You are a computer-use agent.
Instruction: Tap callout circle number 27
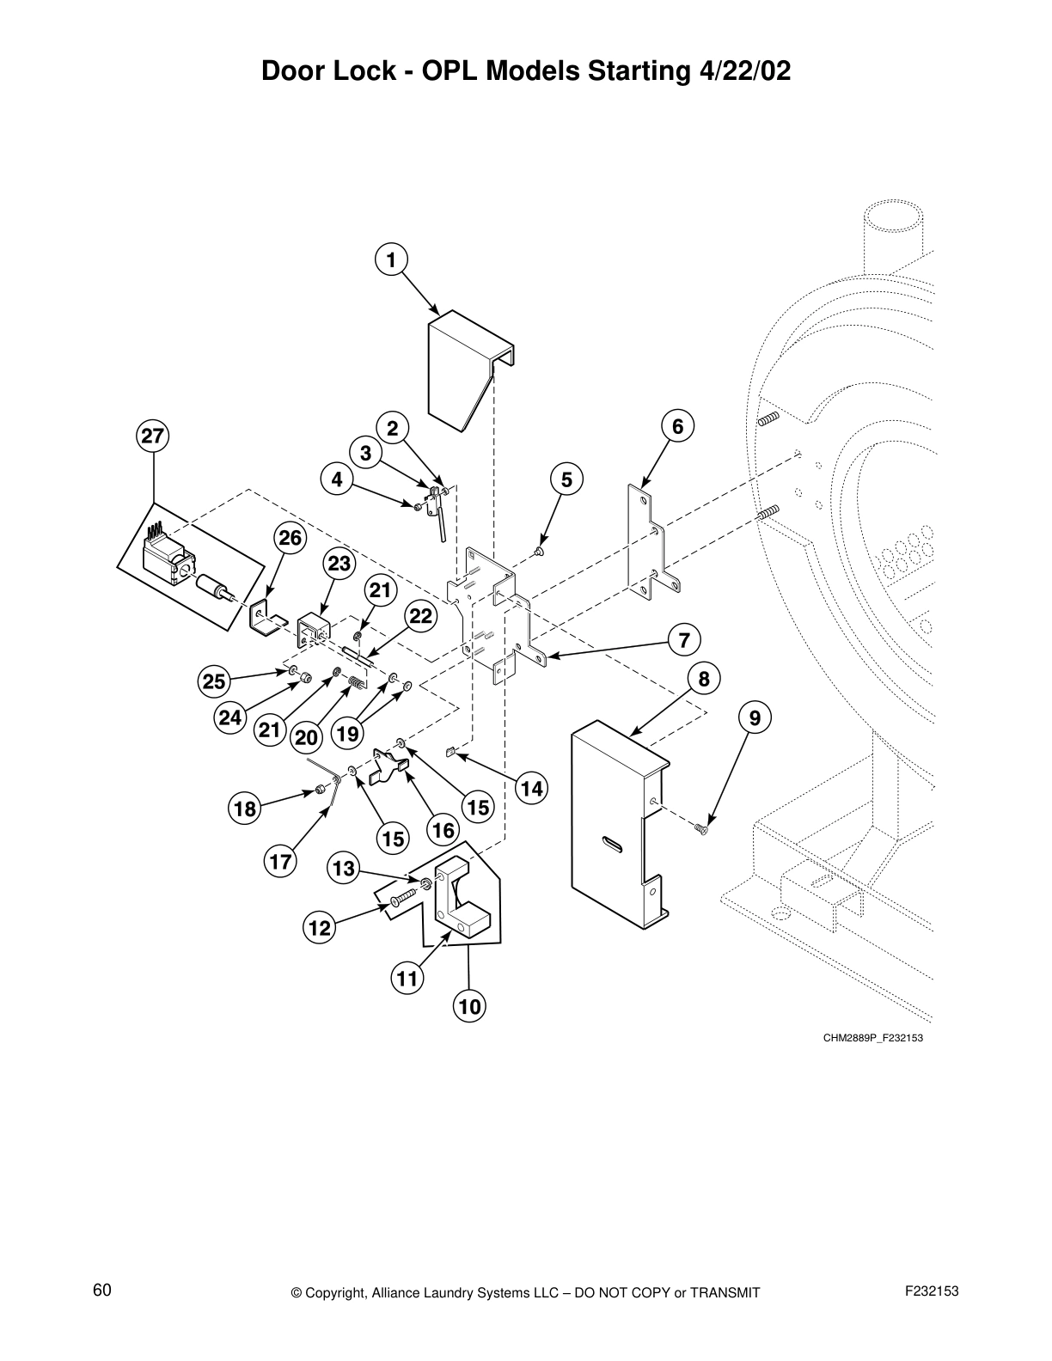click(152, 436)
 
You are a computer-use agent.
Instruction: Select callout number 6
click(677, 426)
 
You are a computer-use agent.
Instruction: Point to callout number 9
click(755, 717)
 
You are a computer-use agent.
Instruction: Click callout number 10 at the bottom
click(470, 1006)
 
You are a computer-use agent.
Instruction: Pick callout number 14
click(532, 788)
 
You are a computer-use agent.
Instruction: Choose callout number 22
click(420, 616)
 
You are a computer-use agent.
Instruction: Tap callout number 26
click(291, 538)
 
